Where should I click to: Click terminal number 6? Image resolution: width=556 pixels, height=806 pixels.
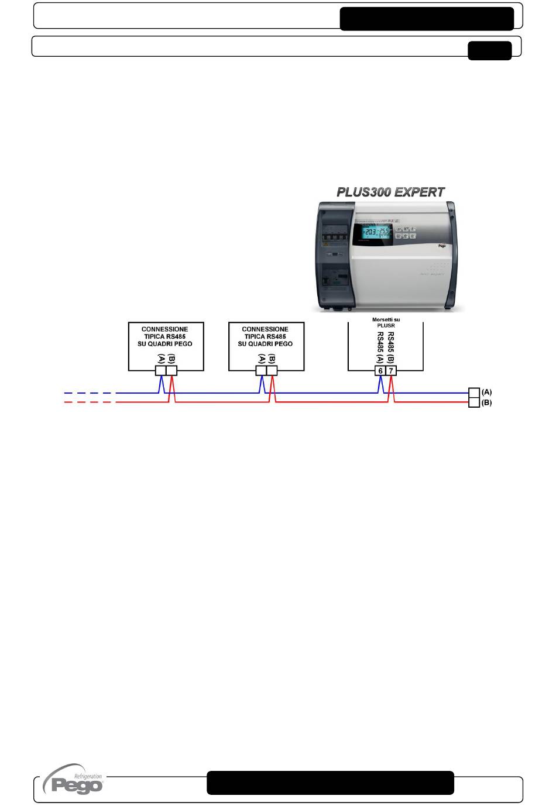[380, 371]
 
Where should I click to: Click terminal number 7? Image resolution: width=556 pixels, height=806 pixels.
[392, 371]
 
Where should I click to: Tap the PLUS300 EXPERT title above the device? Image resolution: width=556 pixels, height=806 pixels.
[390, 192]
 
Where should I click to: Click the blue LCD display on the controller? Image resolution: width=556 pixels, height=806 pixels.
[374, 232]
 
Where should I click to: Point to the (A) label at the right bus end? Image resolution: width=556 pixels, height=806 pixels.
[486, 392]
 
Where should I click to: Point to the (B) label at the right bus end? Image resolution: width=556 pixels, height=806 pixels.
[486, 403]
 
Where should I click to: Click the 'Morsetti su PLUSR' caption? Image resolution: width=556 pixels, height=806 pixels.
[386, 322]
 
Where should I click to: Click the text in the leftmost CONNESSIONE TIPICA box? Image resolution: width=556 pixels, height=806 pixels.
[165, 336]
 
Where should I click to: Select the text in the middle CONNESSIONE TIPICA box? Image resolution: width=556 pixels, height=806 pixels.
[265, 336]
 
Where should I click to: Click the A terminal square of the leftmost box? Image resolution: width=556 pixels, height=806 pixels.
[161, 371]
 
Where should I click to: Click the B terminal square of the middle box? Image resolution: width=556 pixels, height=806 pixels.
[272, 371]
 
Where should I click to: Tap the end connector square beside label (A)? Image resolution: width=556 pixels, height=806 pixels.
[474, 392]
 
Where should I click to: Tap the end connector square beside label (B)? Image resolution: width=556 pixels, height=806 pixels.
[474, 402]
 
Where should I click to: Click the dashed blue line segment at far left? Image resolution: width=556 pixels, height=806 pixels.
[88, 393]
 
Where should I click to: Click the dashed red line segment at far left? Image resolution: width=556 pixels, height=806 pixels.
[88, 402]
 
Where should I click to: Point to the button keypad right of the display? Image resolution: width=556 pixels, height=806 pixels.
[406, 232]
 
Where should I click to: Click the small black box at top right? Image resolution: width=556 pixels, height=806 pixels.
[489, 51]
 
